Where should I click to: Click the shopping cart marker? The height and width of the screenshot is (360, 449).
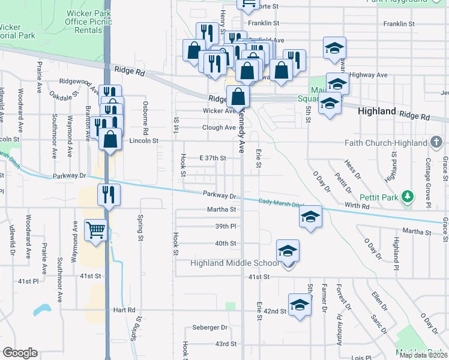[95, 230]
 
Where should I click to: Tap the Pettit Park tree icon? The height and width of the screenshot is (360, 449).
[408, 196]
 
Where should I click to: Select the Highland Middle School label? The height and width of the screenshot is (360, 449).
[235, 263]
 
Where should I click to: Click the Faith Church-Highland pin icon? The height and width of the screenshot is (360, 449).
[437, 143]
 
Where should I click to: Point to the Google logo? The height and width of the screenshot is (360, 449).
[20, 352]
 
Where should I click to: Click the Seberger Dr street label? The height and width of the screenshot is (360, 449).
[210, 328]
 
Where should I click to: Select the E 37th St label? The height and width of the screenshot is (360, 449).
[212, 158]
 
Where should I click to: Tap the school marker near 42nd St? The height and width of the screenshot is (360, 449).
[300, 305]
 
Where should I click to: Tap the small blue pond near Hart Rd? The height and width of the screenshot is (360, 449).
[42, 310]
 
